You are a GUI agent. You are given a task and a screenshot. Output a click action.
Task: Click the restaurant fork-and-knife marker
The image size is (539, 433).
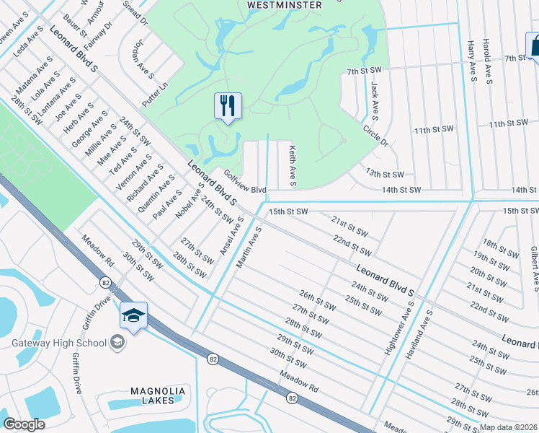tap(228, 107)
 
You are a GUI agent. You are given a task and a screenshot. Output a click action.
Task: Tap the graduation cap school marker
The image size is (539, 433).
tap(134, 315)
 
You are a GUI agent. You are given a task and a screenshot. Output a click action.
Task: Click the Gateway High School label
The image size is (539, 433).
tap(59, 343)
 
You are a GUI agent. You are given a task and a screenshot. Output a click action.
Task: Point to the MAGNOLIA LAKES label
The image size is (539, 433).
tap(158, 395)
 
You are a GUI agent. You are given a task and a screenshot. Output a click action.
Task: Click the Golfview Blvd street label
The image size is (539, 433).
tap(245, 181)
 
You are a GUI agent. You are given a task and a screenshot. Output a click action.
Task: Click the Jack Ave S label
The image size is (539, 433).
tap(375, 99)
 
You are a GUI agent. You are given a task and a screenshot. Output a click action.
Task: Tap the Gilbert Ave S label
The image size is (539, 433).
tap(534, 267)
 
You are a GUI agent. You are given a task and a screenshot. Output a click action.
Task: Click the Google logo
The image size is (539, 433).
tap(24, 424)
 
